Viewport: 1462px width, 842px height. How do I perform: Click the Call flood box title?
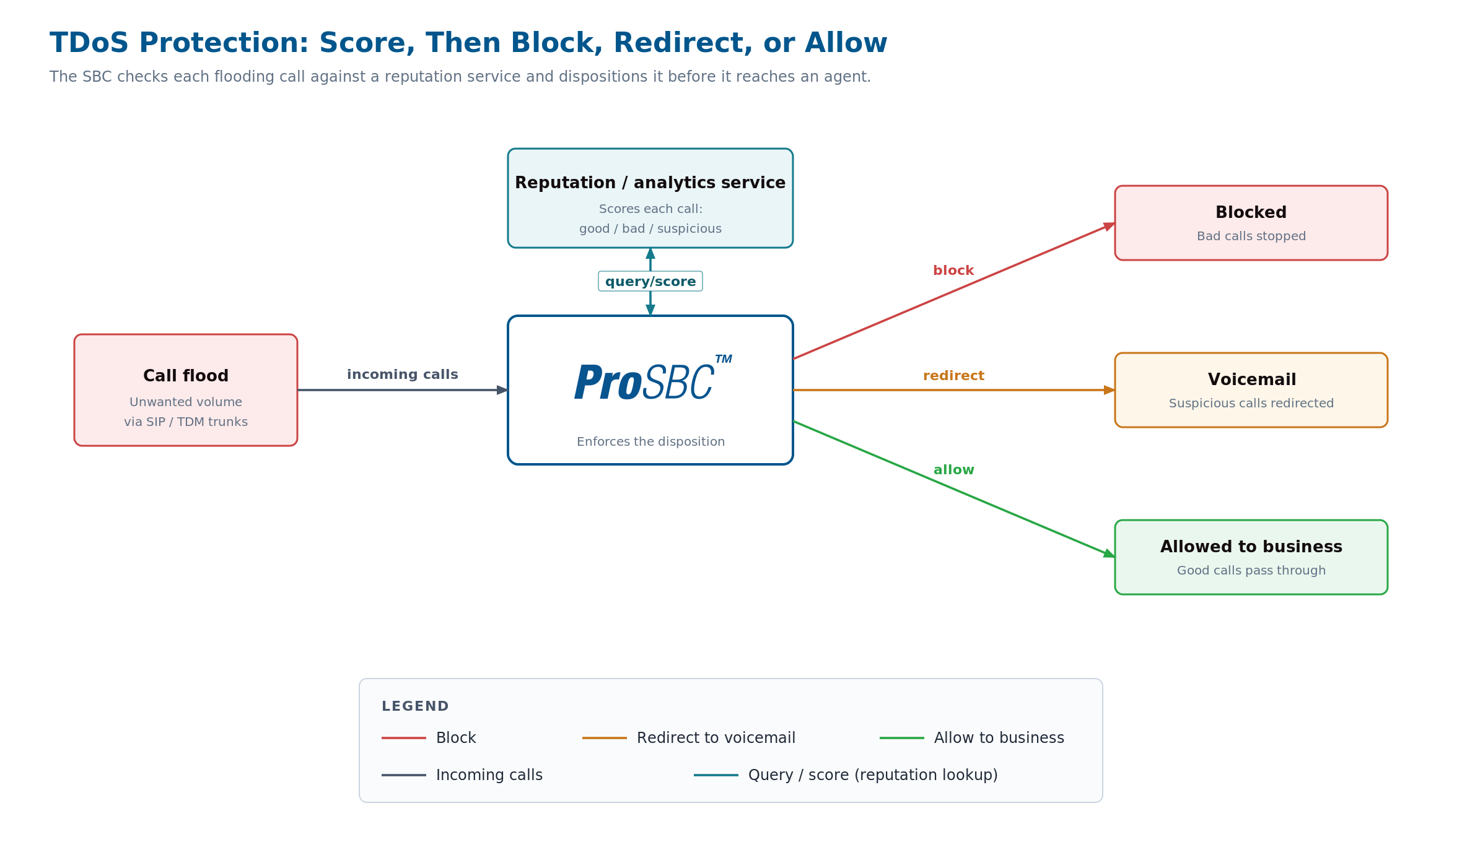186,376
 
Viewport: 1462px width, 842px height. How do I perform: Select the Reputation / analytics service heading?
650,183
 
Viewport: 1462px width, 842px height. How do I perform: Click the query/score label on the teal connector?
650,282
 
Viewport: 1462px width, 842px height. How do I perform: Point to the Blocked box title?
1251,212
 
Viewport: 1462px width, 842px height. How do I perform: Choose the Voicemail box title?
1251,380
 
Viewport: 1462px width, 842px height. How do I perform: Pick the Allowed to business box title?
1251,547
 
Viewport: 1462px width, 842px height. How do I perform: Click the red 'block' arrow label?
953,271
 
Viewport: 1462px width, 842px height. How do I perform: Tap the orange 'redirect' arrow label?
953,376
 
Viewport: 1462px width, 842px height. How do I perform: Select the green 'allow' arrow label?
953,470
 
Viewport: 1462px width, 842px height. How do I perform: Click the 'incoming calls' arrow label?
403,375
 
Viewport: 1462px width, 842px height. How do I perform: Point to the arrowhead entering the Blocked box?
1110,226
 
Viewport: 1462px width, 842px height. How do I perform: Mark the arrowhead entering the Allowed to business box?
1110,553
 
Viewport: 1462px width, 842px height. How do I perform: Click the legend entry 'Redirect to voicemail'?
716,738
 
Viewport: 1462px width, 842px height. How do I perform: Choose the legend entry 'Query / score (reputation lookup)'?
873,775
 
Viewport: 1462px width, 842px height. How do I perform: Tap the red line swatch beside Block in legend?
404,738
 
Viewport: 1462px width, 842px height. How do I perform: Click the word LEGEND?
415,706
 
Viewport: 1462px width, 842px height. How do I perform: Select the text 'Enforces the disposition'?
650,441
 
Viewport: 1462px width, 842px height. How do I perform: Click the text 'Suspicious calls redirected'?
1251,403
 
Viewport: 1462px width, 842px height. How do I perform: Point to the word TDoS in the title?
89,43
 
